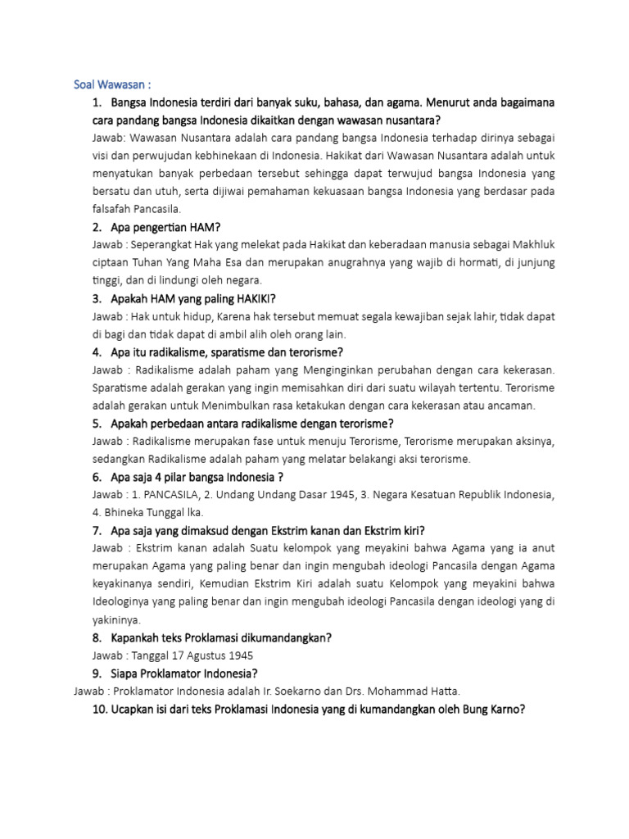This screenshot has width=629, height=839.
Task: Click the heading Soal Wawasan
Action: [111, 84]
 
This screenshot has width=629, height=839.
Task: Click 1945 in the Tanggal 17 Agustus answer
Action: [238, 655]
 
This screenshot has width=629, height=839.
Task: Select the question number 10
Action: [100, 710]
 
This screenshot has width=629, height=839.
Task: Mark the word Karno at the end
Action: [503, 710]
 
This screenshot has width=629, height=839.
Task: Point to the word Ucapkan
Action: [138, 710]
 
